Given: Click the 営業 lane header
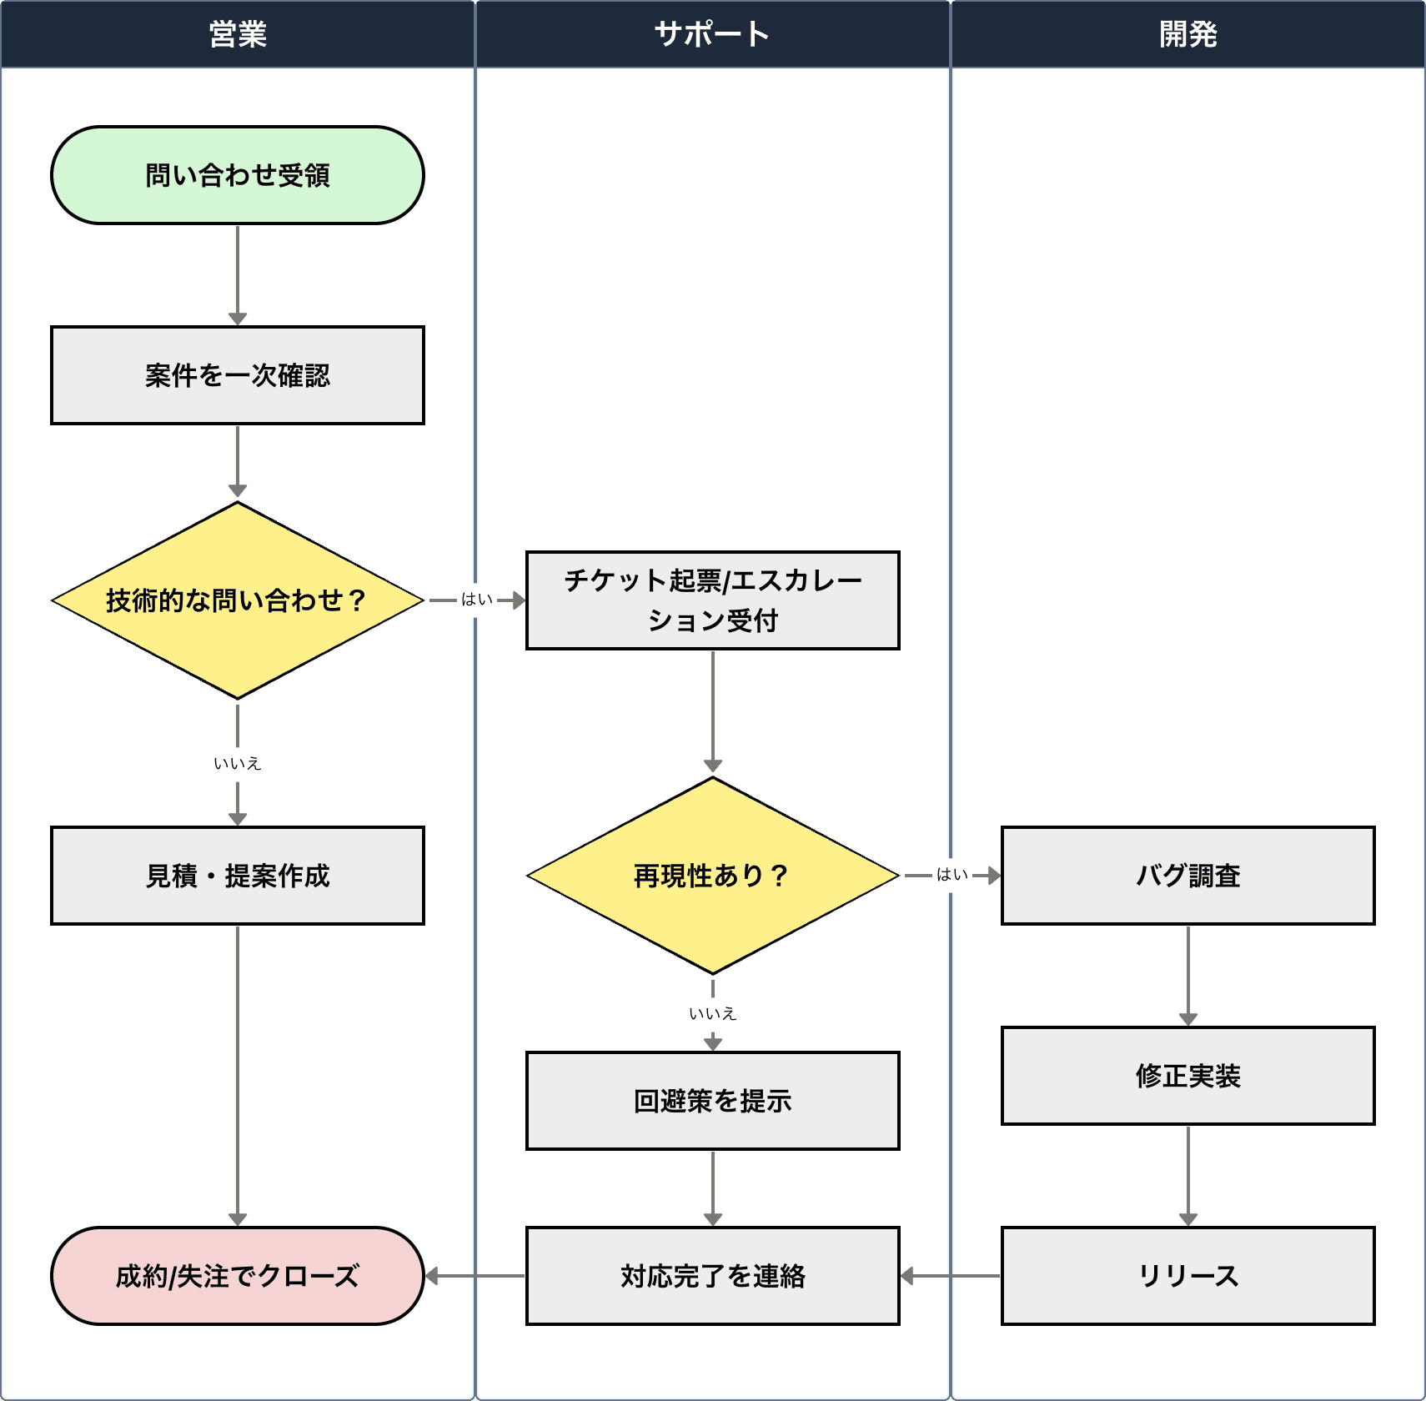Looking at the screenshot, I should pos(238,34).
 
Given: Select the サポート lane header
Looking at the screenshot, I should pos(712,34).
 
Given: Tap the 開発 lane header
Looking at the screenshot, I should pos(1187,34).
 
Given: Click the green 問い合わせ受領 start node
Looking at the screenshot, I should pos(238,175).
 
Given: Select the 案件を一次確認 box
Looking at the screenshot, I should pos(238,375).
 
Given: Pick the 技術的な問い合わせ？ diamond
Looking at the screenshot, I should pos(238,600).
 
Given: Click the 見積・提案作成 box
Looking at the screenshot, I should pos(238,876).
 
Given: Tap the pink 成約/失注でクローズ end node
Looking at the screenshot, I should pos(238,1276).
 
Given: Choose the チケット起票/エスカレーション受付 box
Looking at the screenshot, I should pos(713,600).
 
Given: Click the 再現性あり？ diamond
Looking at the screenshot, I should pos(713,876).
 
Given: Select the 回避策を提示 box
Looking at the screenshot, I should pos(713,1101).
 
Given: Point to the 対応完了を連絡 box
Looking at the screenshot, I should pos(713,1276).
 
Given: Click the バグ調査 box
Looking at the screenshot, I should pos(1188,876).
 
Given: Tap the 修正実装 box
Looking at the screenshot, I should pos(1188,1076).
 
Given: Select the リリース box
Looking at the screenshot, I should pos(1188,1276).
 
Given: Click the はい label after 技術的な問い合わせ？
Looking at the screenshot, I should pos(477,600).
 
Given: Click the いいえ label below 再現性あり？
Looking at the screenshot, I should pos(713,1013).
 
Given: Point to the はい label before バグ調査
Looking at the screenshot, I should pos(952,875).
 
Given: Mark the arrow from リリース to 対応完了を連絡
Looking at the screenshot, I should pos(951,1276).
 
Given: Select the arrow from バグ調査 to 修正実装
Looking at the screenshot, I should pos(1188,976).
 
